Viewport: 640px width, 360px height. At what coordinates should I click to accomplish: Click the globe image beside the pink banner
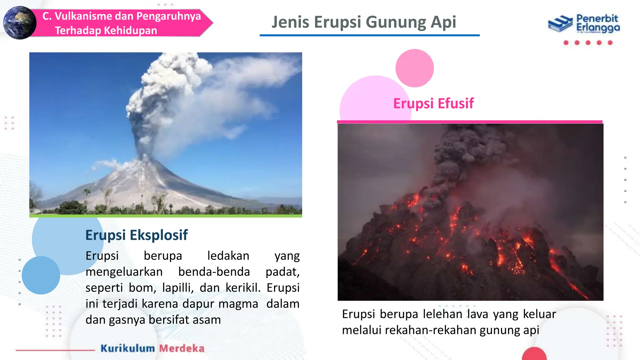click(19, 23)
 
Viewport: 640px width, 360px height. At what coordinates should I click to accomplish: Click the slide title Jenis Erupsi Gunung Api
click(364, 22)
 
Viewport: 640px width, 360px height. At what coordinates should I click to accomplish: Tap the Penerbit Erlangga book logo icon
click(560, 23)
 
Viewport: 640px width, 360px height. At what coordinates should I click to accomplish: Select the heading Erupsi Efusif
click(433, 103)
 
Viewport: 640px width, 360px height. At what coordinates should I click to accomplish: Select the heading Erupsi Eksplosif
click(137, 235)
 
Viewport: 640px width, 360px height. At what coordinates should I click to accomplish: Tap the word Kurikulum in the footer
click(127, 348)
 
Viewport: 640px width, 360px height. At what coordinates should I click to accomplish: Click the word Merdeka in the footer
click(182, 348)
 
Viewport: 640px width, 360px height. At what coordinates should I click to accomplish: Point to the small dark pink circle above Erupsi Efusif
click(414, 68)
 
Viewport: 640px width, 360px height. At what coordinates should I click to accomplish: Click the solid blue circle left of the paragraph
click(41, 275)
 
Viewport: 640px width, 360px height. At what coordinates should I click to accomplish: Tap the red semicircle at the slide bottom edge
click(534, 354)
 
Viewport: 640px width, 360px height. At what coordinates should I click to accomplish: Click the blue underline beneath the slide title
click(369, 35)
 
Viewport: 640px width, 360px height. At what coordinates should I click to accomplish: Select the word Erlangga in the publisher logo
click(598, 28)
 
